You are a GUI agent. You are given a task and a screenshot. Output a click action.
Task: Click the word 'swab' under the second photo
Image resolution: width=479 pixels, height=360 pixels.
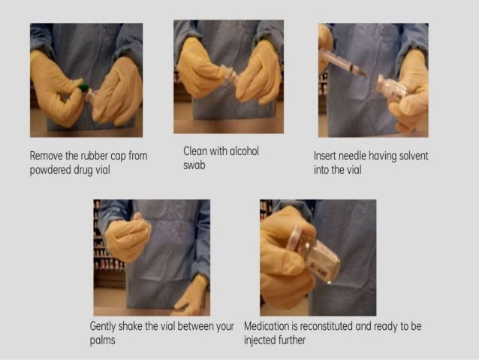194,165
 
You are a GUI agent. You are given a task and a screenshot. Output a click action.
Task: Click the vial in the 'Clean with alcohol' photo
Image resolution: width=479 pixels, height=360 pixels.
226,75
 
